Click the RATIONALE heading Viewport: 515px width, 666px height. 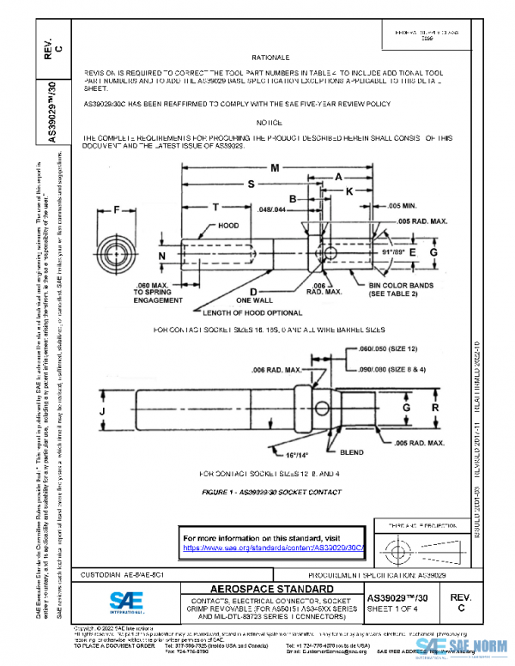270,57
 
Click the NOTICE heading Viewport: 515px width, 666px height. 270,124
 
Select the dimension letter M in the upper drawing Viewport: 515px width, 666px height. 275,168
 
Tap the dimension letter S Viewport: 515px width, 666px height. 251,185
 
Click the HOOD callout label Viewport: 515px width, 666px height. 228,226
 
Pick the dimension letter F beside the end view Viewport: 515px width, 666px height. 116,209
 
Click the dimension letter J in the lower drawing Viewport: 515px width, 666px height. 103,411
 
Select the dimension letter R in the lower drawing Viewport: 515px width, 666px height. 436,407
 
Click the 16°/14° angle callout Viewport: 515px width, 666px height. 297,454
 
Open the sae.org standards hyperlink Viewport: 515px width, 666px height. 275,547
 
